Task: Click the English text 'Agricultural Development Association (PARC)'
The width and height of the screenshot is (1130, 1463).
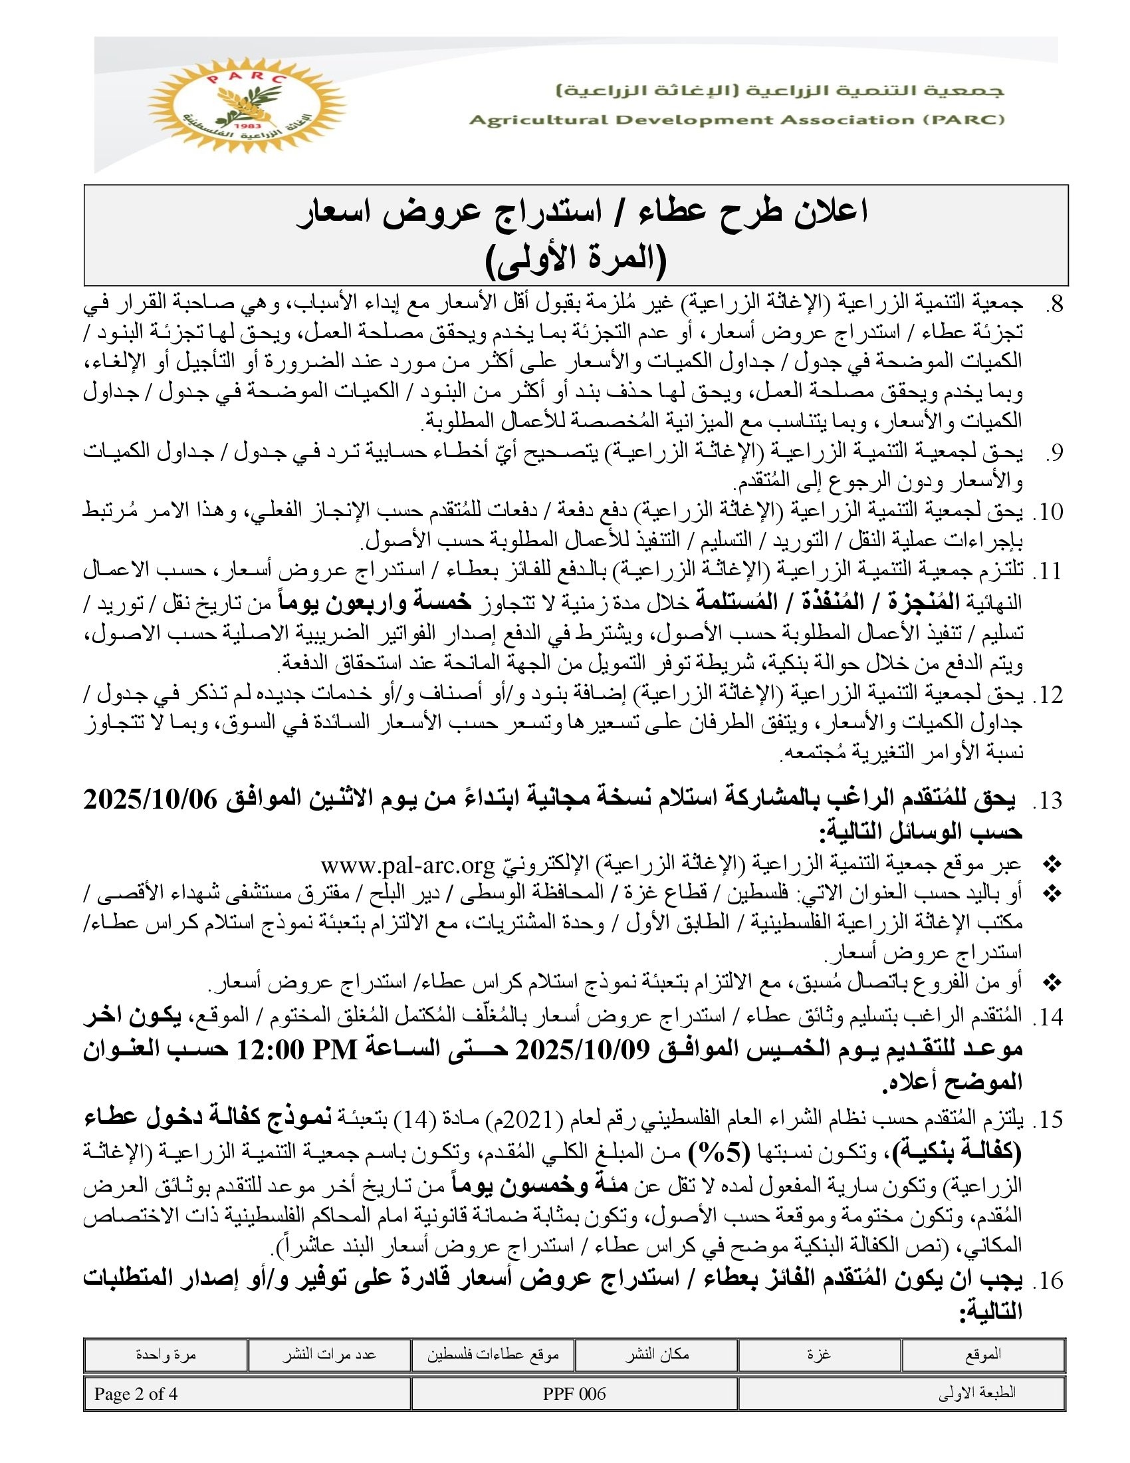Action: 736,120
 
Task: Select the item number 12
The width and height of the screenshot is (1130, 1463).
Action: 1048,696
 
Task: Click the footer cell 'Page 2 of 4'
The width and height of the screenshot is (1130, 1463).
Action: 136,1394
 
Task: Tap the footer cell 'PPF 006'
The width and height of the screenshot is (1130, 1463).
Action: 574,1394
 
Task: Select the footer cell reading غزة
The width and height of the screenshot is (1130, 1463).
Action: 820,1355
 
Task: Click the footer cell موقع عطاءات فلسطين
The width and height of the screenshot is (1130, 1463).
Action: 493,1355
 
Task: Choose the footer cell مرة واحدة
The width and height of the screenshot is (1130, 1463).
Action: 166,1355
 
